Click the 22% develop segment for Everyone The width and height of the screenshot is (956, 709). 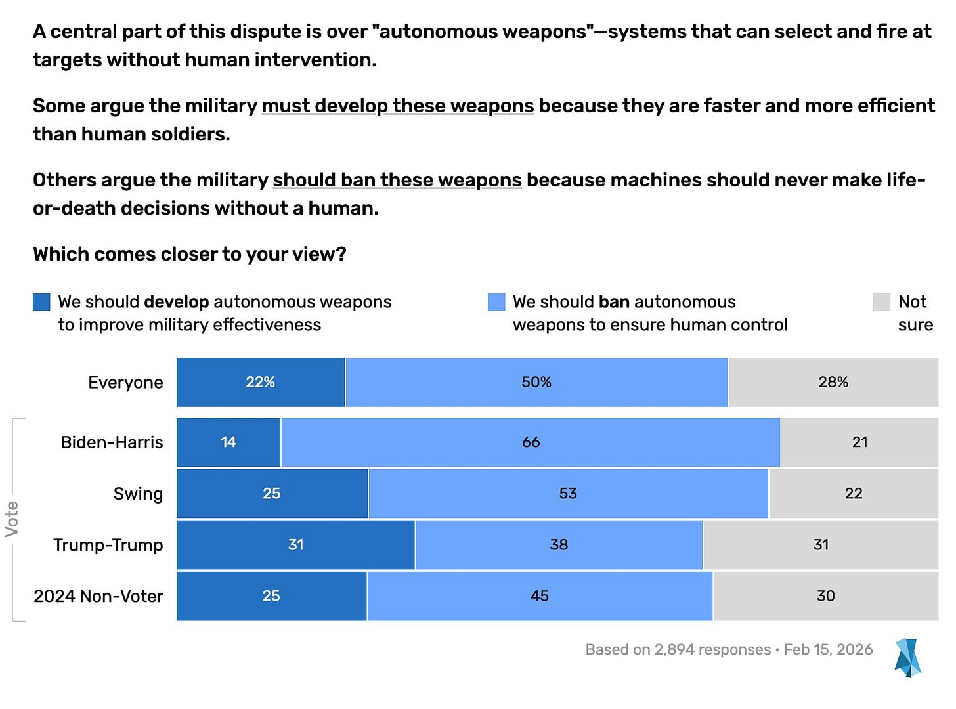[x=260, y=382]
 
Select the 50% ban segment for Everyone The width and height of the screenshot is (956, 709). [x=536, y=382]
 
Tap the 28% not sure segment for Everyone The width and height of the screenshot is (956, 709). [x=833, y=382]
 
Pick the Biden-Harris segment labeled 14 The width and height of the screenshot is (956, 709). [x=228, y=442]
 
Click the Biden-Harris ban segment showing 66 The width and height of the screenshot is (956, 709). [x=531, y=442]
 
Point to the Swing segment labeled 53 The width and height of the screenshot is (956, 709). [x=568, y=493]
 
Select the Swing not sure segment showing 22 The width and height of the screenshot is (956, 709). [x=854, y=493]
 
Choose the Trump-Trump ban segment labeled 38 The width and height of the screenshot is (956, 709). [x=559, y=544]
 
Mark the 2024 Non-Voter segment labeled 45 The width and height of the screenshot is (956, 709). [x=540, y=595]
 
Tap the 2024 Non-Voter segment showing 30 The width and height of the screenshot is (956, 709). [x=826, y=595]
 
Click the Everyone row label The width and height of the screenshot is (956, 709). [x=125, y=382]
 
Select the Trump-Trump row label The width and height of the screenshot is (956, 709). [x=108, y=545]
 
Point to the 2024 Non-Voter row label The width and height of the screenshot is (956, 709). [x=98, y=596]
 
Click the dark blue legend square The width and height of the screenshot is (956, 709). [x=41, y=302]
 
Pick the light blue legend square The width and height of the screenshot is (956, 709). [x=496, y=302]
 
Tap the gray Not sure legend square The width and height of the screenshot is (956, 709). [x=881, y=302]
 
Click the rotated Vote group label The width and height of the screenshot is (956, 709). [x=12, y=519]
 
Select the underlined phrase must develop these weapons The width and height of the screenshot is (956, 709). [x=398, y=106]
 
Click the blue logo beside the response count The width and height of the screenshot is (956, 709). [x=907, y=658]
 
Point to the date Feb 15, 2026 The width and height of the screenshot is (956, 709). [x=828, y=649]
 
